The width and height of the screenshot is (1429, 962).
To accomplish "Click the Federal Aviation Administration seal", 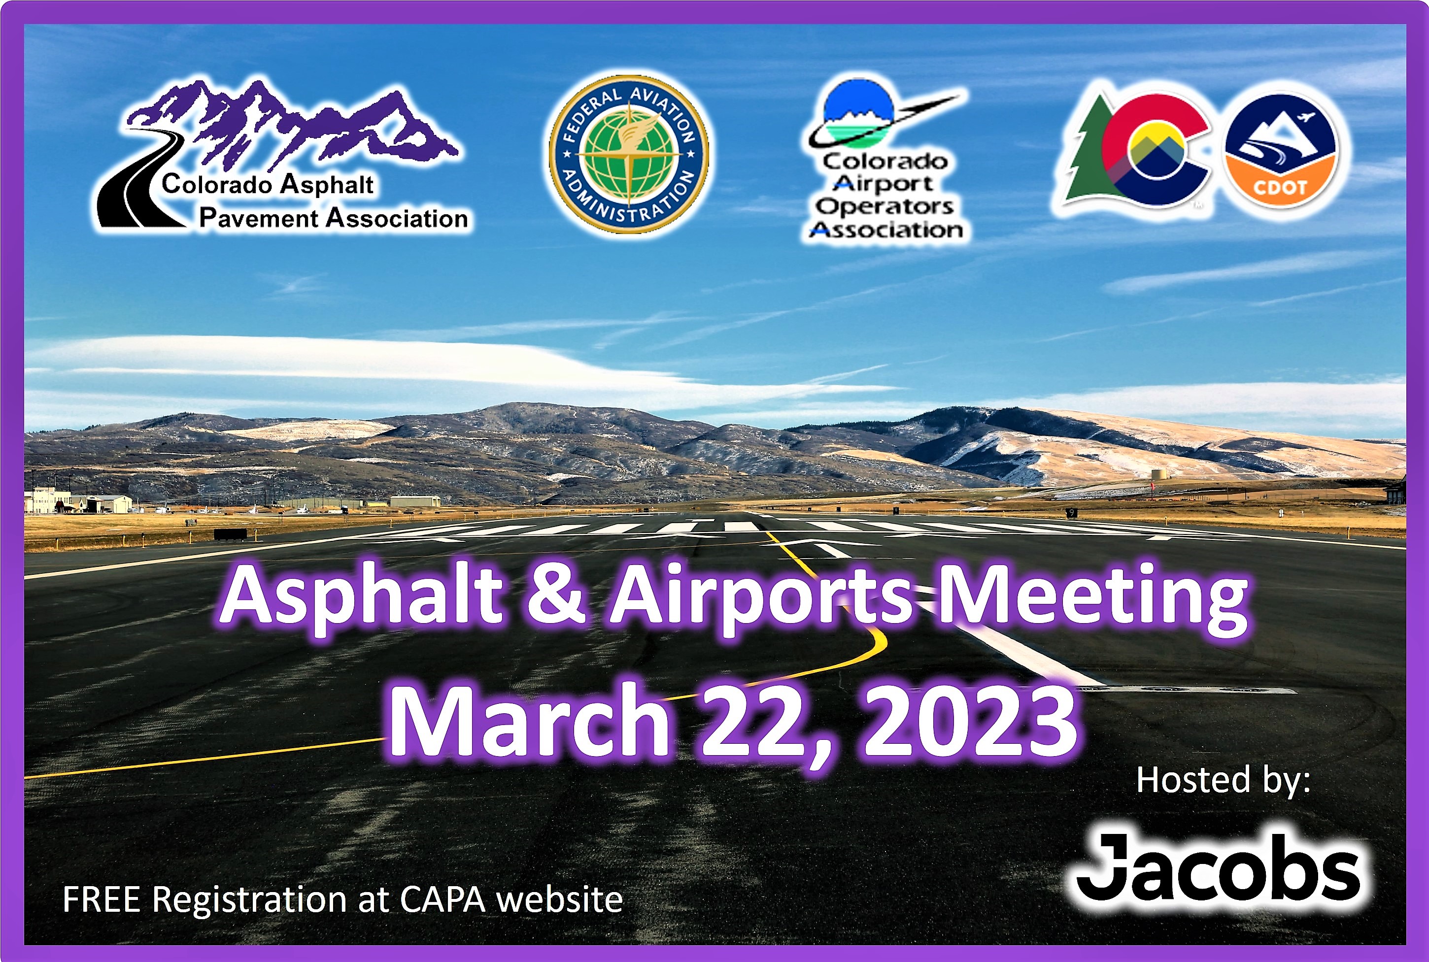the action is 629,154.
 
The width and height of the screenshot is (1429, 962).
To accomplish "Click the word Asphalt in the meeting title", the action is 362,596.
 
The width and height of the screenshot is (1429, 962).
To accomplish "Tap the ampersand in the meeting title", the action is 556,594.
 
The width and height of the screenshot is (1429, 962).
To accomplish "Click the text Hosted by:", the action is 1224,780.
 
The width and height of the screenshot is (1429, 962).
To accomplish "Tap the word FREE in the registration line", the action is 101,899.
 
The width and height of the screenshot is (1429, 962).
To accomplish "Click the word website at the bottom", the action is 559,899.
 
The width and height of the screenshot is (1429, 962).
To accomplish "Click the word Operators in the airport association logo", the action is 884,206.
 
